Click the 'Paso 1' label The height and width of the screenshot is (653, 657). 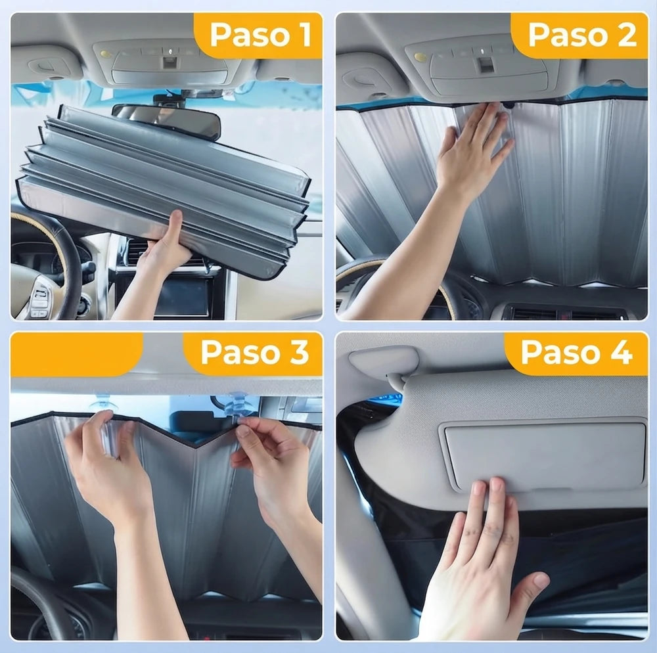click(x=260, y=35)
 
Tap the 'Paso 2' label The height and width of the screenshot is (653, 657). click(x=582, y=35)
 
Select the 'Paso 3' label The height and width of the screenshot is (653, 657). click(x=255, y=352)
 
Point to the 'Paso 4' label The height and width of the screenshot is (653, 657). click(x=577, y=352)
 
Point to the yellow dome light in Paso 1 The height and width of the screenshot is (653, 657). click(x=105, y=54)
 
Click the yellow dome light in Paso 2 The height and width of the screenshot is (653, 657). click(x=420, y=56)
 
